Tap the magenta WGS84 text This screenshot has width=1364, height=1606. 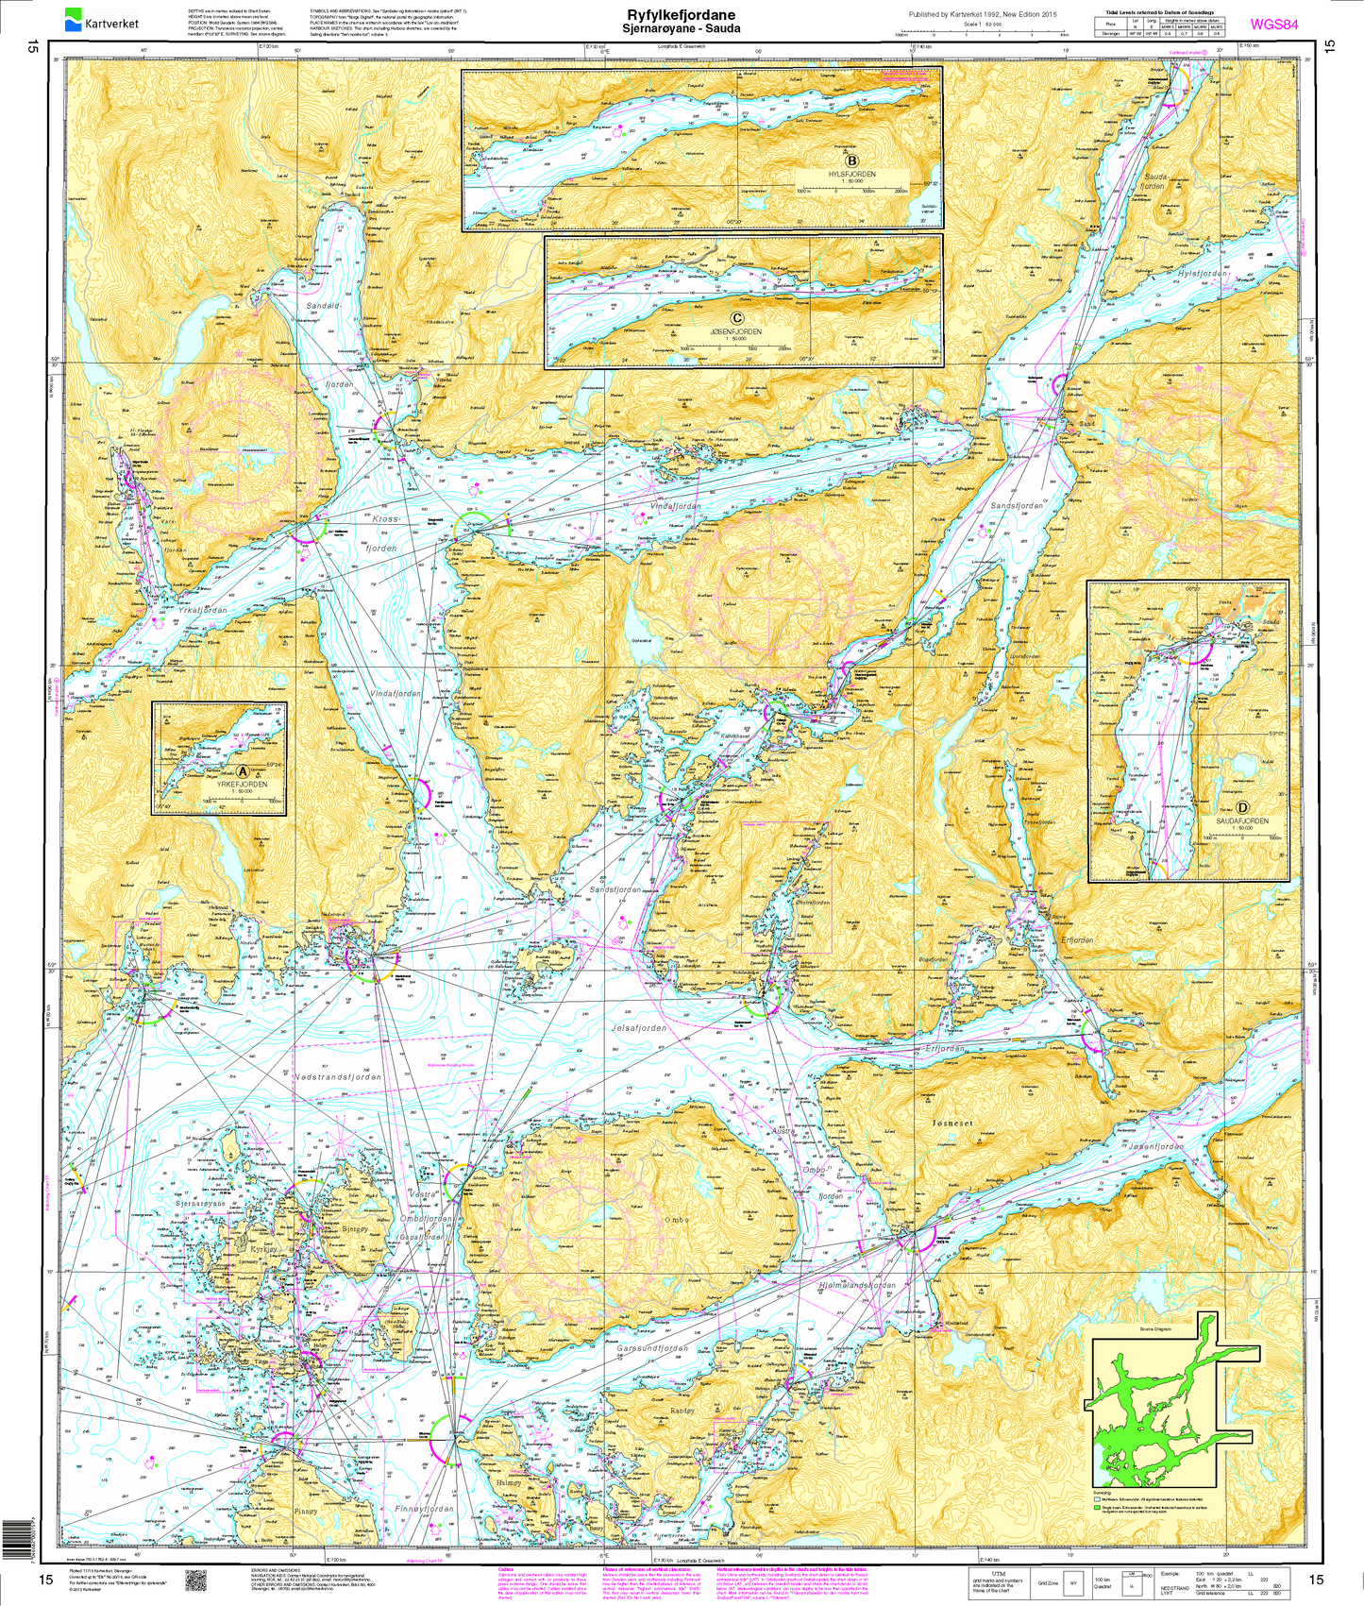(x=1272, y=24)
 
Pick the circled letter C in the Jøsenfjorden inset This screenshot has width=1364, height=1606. (x=736, y=318)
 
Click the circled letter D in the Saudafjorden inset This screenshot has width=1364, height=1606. (x=1242, y=808)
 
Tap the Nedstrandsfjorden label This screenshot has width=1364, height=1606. (x=337, y=1076)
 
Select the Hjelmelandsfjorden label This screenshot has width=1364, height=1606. (x=856, y=1286)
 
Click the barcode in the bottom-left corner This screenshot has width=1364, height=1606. (x=17, y=1527)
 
